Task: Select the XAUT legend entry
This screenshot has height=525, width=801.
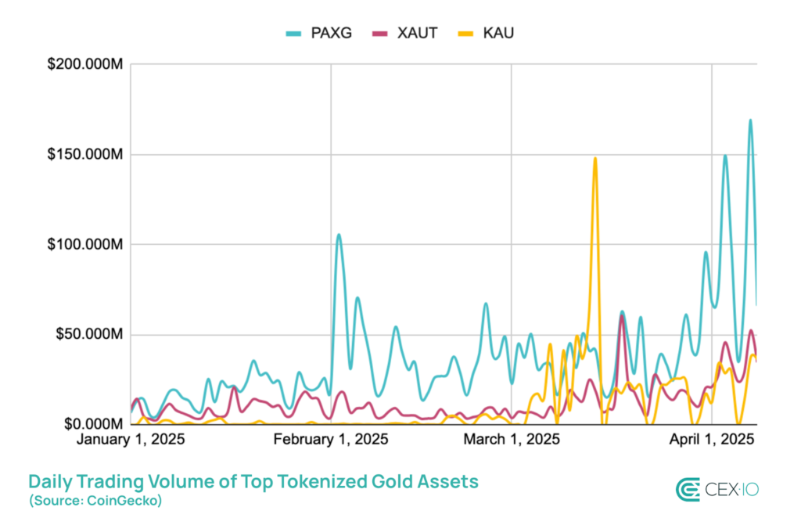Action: pyautogui.click(x=408, y=33)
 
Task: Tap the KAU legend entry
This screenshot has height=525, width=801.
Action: pyautogui.click(x=490, y=33)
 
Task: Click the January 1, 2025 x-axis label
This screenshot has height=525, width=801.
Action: pyautogui.click(x=131, y=440)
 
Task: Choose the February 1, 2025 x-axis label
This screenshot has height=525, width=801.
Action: pyautogui.click(x=331, y=440)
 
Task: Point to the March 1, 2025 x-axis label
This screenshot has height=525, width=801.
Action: pyautogui.click(x=512, y=440)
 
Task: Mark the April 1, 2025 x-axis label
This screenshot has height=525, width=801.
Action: pyautogui.click(x=711, y=440)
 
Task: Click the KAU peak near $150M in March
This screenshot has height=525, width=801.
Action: pyautogui.click(x=594, y=159)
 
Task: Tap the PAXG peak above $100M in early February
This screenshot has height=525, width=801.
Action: pyautogui.click(x=339, y=235)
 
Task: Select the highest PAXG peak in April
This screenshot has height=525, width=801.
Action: pyautogui.click(x=750, y=120)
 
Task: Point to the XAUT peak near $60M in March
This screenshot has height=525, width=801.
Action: pyautogui.click(x=622, y=316)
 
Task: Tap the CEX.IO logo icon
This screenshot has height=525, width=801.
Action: pyautogui.click(x=688, y=489)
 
